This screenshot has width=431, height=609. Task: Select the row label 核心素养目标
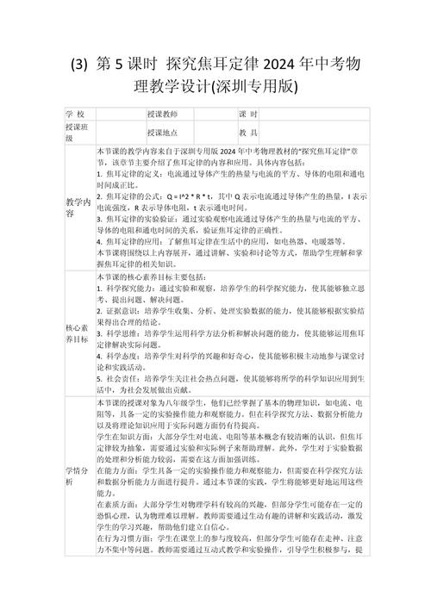(78, 333)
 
